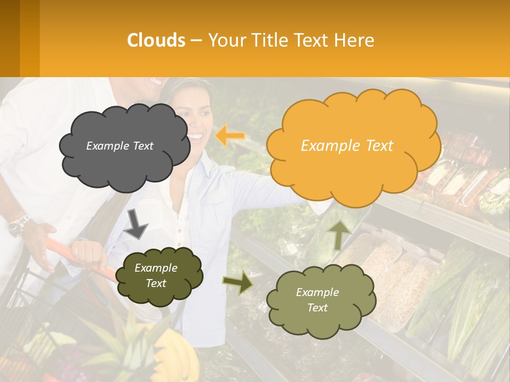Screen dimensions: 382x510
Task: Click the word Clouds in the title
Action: click(156, 40)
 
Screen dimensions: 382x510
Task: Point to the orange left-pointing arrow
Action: click(229, 136)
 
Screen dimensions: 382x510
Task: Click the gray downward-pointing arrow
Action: click(135, 223)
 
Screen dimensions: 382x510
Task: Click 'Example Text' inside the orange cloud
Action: click(347, 146)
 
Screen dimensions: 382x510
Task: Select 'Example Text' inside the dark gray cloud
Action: click(120, 146)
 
